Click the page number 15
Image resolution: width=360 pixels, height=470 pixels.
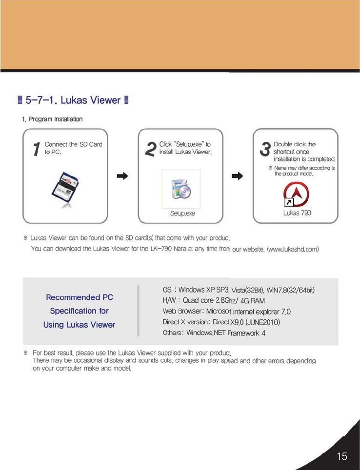pos(341,456)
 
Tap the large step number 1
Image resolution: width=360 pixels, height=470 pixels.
pos(35,150)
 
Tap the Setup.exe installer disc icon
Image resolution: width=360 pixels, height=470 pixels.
pos(181,190)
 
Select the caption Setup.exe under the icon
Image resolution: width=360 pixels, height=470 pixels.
pos(182,214)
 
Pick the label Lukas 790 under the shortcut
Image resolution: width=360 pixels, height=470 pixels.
pos(297,213)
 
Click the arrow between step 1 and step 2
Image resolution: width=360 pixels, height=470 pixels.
pos(123,176)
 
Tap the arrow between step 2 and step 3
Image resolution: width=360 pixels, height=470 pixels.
pos(238,176)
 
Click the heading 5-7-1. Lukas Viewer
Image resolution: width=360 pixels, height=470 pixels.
pos(73,100)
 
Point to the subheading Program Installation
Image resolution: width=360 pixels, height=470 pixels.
pos(56,119)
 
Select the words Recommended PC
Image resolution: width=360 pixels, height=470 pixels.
pos(80,297)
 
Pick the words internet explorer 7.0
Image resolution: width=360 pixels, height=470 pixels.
pos(263,312)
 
